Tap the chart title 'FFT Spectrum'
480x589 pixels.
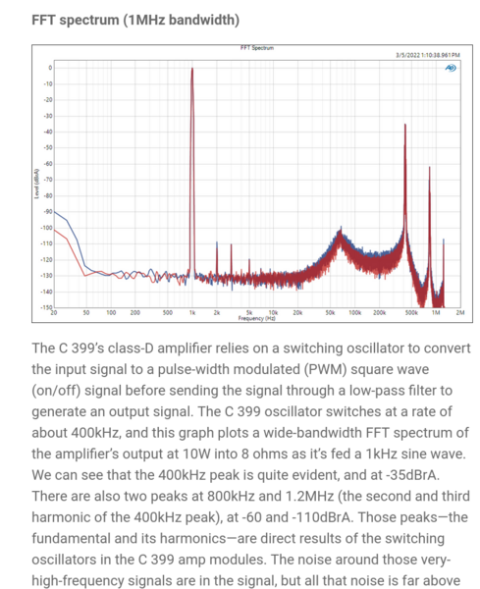coord(255,47)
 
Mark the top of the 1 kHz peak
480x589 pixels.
coord(192,68)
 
